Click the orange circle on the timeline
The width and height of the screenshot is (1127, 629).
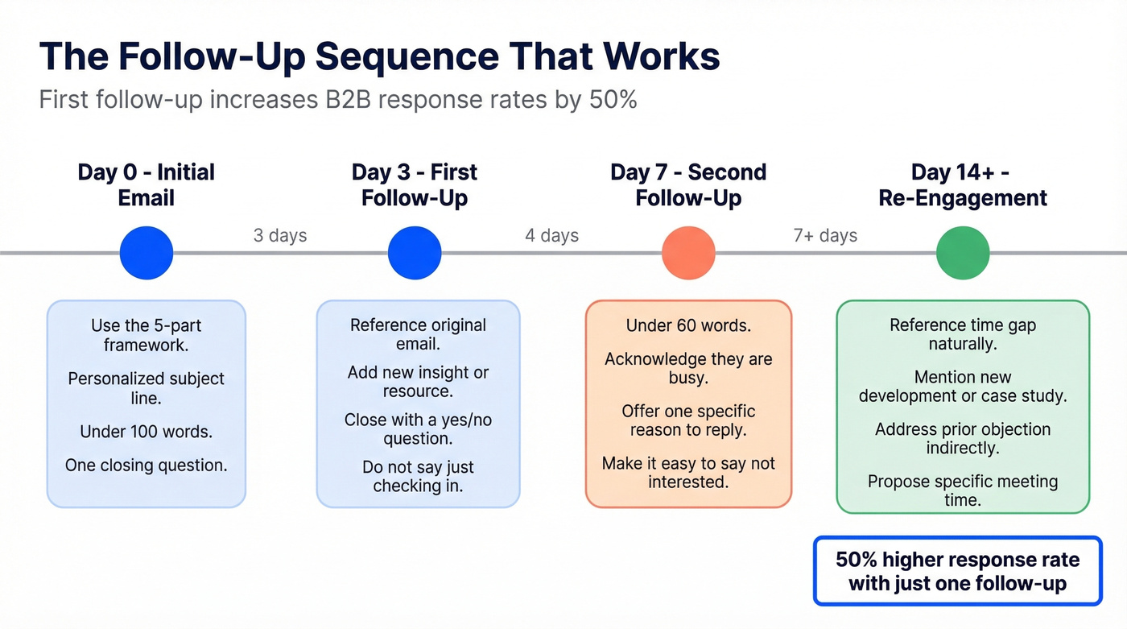coord(688,253)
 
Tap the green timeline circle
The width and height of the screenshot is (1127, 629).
coord(963,253)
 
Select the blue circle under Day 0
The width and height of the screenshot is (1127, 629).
coord(147,253)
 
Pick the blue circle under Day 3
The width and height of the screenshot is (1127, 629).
coord(415,253)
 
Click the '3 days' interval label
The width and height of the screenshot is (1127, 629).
coord(280,236)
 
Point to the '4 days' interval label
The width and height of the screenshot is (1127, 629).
coord(552,236)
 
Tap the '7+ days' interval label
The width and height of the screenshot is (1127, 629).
coord(825,236)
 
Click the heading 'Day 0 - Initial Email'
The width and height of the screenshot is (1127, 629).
coord(147,184)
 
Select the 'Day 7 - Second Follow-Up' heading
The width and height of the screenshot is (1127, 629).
coord(688,184)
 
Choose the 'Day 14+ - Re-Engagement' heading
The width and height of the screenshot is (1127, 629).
coord(963,184)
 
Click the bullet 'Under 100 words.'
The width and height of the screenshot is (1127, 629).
coord(147,432)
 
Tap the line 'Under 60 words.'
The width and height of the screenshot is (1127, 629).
coord(688,325)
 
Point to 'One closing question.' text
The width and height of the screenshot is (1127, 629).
coord(147,465)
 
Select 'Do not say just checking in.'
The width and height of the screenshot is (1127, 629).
coord(418,476)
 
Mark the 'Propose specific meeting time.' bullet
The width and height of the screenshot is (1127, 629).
coord(963,490)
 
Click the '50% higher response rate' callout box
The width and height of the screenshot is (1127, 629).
coord(957,571)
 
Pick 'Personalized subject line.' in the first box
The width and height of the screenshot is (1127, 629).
coord(147,388)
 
